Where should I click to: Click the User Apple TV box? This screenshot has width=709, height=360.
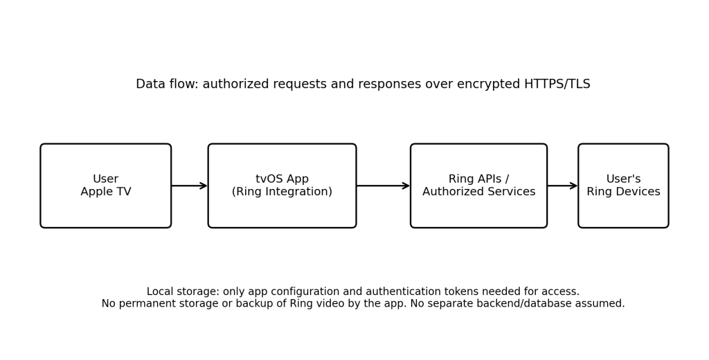pos(106,186)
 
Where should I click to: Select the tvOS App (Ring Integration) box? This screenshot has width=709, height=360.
pos(282,186)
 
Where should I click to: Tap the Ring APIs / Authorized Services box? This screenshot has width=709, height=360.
pos(479,186)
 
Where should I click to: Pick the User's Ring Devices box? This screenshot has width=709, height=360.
pos(624,186)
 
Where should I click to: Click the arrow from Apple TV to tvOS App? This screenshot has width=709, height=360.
pos(190,186)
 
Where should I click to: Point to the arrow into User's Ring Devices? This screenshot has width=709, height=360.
pos(562,186)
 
